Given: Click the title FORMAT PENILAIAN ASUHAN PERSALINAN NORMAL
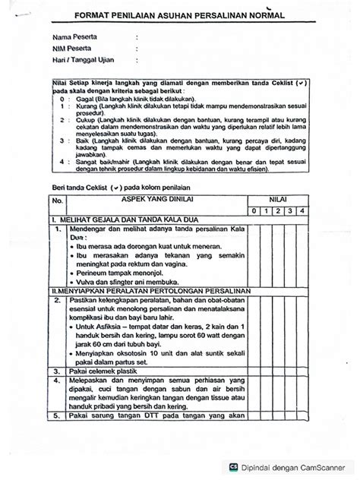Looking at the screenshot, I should click(180, 14).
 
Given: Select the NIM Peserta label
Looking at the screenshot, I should click(71, 48).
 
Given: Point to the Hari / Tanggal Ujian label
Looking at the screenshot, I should click(81, 60).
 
